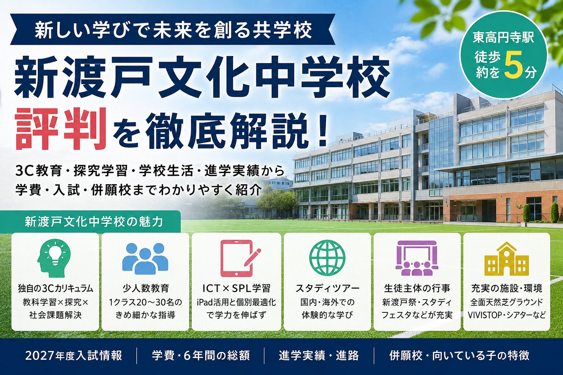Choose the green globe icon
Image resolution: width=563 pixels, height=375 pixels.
pyautogui.click(x=327, y=258)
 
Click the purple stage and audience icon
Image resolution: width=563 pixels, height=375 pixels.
pyautogui.click(x=417, y=259)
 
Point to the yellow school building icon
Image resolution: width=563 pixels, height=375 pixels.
pyautogui.click(x=507, y=259)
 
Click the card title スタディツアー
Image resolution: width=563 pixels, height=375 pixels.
pyautogui.click(x=327, y=288)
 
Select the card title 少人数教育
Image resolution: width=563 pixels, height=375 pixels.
pyautogui.click(x=145, y=288)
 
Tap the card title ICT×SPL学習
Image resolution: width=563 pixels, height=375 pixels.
pyautogui.click(x=236, y=288)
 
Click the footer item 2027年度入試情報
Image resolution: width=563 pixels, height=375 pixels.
pyautogui.click(x=73, y=356)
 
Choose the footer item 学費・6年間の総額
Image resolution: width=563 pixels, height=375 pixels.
pyautogui.click(x=201, y=356)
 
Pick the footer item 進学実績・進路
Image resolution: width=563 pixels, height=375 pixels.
pyautogui.click(x=319, y=356)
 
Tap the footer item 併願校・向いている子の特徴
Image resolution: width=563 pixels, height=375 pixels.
pyautogui.click(x=459, y=356)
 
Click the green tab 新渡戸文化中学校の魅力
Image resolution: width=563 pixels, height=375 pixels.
pyautogui.click(x=93, y=222)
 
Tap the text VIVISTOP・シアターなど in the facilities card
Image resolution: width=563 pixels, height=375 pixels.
pyautogui.click(x=507, y=315)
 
